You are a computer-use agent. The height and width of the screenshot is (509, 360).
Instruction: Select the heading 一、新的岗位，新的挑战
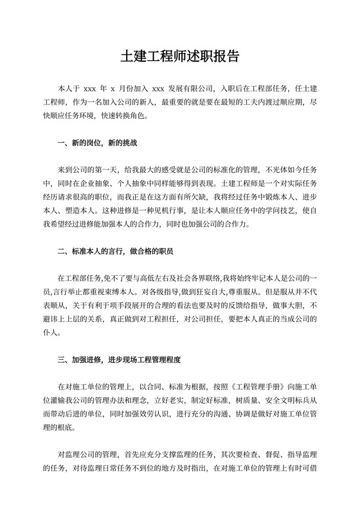pyautogui.click(x=97, y=142)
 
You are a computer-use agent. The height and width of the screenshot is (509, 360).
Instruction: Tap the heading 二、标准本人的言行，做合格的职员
pyautogui.click(x=115, y=235)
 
